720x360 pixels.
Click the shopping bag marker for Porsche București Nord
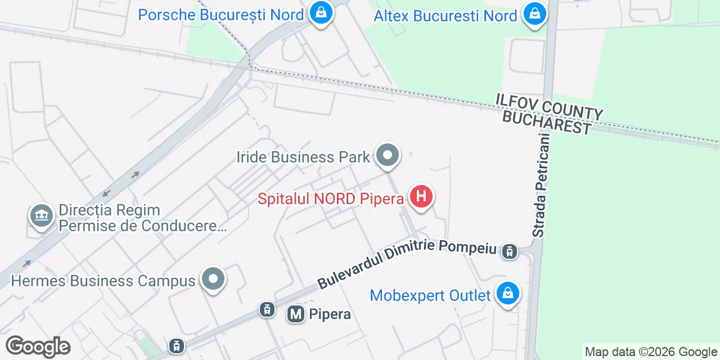tap(321, 12)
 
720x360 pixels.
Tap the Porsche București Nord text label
tap(221, 15)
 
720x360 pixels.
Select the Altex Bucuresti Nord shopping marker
tap(534, 13)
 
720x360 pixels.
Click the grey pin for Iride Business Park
tap(388, 155)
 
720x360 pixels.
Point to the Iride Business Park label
tap(303, 157)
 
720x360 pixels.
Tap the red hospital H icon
tap(421, 197)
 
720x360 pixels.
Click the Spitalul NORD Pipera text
tap(331, 199)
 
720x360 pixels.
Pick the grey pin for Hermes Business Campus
tap(213, 278)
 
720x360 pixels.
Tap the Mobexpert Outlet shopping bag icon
tap(508, 294)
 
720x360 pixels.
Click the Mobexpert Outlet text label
tap(430, 295)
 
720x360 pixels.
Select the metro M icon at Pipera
tap(296, 314)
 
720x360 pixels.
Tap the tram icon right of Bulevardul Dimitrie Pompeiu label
tap(510, 251)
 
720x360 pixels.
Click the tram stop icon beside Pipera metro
tap(267, 309)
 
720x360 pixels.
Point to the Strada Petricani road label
tap(541, 185)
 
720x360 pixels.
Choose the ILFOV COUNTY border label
tap(549, 106)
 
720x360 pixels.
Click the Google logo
tap(38, 346)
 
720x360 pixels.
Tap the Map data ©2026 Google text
tap(651, 352)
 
